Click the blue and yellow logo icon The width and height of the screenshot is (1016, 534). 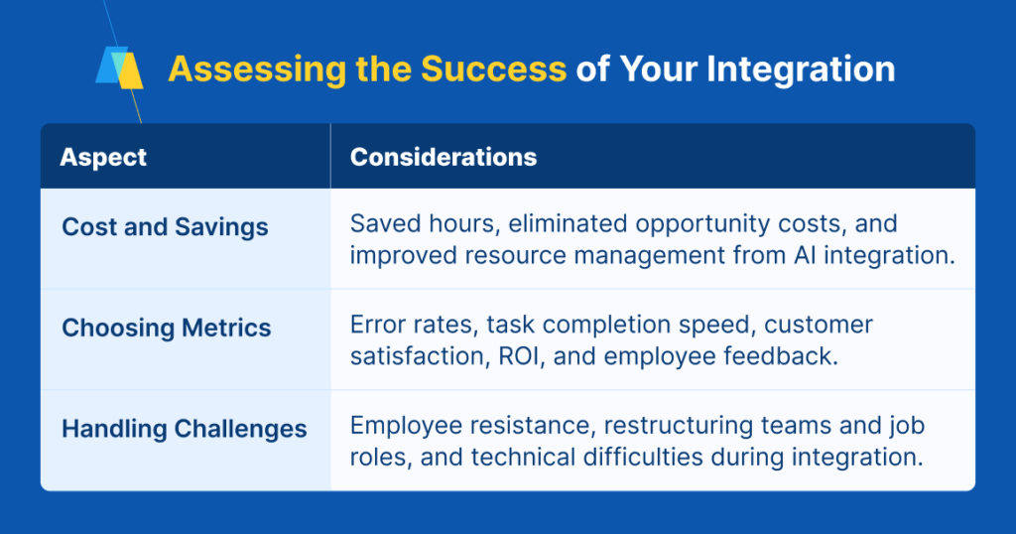click(x=119, y=67)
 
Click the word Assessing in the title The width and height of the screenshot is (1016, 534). click(x=257, y=69)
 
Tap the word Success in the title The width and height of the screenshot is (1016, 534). click(x=494, y=68)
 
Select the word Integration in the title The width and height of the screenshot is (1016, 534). click(x=801, y=69)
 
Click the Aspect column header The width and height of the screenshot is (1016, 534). click(x=103, y=157)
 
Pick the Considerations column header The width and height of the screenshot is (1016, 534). click(x=444, y=157)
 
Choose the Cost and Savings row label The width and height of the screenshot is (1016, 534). click(x=166, y=227)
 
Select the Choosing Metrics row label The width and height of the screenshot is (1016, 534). click(x=167, y=328)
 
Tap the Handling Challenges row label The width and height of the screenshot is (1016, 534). click(x=185, y=429)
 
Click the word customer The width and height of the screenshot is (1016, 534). click(x=819, y=325)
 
